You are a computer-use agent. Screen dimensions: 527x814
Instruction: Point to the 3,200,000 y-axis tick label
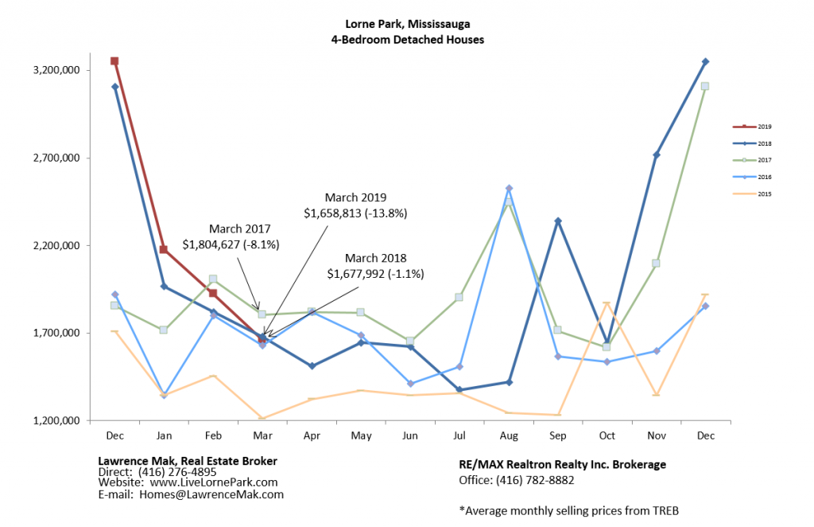click(x=53, y=70)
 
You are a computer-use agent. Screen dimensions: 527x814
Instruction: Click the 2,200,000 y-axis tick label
click(x=53, y=245)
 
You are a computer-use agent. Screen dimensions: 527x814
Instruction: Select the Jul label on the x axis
click(x=459, y=435)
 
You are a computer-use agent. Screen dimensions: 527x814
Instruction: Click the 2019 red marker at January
click(x=163, y=250)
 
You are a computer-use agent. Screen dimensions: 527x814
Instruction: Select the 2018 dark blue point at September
click(x=558, y=221)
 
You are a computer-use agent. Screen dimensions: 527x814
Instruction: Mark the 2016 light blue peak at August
click(x=509, y=189)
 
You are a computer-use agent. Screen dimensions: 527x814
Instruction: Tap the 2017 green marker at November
click(x=657, y=263)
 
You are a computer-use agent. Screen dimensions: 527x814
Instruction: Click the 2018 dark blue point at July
click(x=459, y=390)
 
